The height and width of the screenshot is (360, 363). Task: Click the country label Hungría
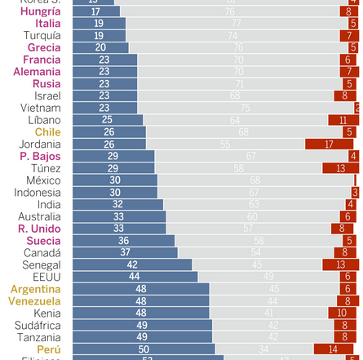40,11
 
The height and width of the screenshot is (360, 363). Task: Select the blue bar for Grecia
100,47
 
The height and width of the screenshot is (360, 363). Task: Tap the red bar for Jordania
330,144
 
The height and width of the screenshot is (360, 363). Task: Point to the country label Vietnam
41,108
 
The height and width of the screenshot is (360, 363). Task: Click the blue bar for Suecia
122,241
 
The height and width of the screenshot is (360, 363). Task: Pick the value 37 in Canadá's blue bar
125,253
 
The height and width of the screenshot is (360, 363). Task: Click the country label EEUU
46,277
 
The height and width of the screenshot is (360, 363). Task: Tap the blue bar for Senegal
131,265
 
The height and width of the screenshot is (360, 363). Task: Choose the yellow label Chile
47,132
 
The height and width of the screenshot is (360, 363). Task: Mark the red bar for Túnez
340,168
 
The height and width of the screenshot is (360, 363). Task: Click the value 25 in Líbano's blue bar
107,120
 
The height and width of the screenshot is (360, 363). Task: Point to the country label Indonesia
38,193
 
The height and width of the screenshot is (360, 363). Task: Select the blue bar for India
117,205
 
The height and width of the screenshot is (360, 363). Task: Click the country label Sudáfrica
38,325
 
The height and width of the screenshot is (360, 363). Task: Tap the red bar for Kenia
343,313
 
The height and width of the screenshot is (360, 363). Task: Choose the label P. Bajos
41,156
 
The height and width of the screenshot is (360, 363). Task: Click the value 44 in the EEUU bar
134,277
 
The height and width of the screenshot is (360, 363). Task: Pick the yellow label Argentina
36,289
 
